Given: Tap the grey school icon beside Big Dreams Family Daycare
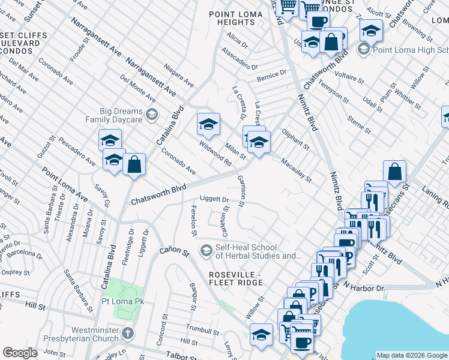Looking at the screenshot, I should point(152,114).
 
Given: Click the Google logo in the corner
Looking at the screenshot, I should point(20,353).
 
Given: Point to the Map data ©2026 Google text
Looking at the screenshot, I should point(412,355).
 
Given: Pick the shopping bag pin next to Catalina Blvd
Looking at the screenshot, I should point(134,164).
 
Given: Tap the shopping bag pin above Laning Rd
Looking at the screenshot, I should point(394,172).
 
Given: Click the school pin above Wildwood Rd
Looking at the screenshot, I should point(208,124).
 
